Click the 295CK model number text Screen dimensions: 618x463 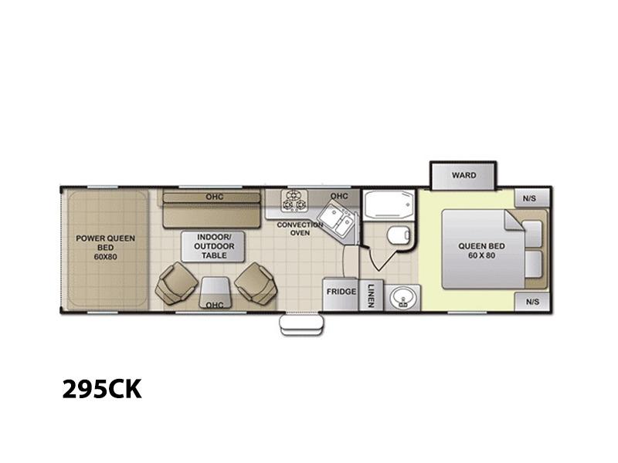pos(102,389)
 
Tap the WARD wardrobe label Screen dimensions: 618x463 pos(463,175)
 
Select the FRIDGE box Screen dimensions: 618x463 pos(341,294)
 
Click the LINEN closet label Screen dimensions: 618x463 pos(371,296)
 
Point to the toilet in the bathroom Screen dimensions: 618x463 pos(399,235)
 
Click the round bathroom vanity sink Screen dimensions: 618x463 pos(402,298)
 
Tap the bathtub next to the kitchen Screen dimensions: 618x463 pos(389,204)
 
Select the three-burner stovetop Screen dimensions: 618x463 pos(294,201)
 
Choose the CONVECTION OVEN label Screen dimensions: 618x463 pos(300,228)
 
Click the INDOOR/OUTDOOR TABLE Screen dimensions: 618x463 pos(213,246)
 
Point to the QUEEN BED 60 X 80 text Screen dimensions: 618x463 pos(481,251)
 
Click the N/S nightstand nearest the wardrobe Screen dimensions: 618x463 pos(532,198)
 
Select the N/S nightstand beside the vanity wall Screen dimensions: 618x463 pos(532,302)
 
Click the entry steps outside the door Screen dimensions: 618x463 pos(301,325)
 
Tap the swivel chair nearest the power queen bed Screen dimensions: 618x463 pos(176,283)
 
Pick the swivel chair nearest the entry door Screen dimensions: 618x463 pos(256,282)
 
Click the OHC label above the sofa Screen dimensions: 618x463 pos(215,197)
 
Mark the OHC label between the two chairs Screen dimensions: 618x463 pos(215,305)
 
